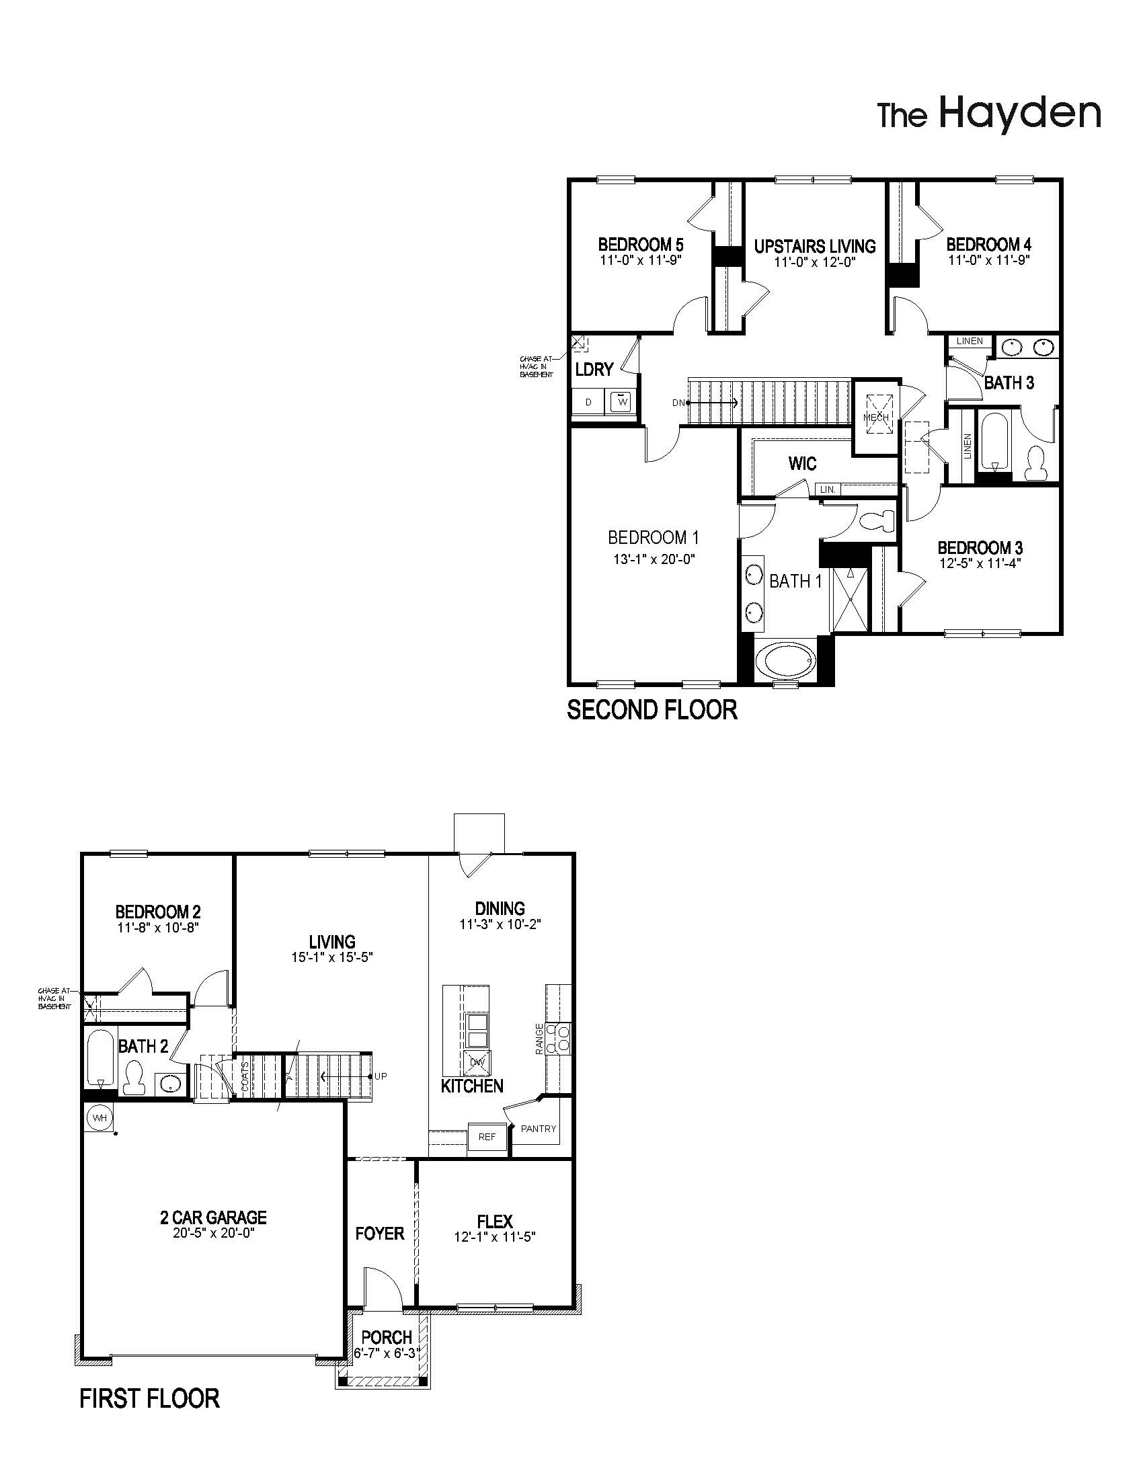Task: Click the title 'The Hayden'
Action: (x=988, y=114)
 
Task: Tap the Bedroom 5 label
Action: (x=640, y=244)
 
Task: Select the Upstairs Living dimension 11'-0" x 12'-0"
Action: (x=816, y=262)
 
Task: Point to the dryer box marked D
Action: (x=588, y=402)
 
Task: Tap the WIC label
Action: (x=801, y=464)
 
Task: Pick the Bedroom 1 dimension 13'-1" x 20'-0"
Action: (x=654, y=559)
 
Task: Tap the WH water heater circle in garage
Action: (x=100, y=1118)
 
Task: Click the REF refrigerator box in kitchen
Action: (x=487, y=1137)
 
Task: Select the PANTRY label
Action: (x=539, y=1128)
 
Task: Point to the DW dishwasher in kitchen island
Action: (x=477, y=1064)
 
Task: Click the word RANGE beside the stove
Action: (x=539, y=1039)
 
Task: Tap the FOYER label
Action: (x=379, y=1234)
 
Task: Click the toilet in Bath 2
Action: (x=133, y=1078)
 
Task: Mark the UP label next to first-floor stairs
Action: (x=381, y=1076)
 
